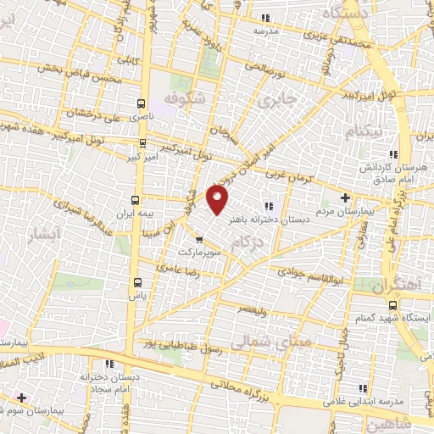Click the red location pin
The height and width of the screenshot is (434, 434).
coord(219,199)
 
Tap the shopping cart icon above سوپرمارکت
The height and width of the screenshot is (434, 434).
coord(199,240)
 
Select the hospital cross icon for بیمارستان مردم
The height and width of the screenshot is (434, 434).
coord(344,198)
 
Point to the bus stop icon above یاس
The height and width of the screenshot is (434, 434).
coord(137,282)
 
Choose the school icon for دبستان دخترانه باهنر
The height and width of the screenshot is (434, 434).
coord(269,205)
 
